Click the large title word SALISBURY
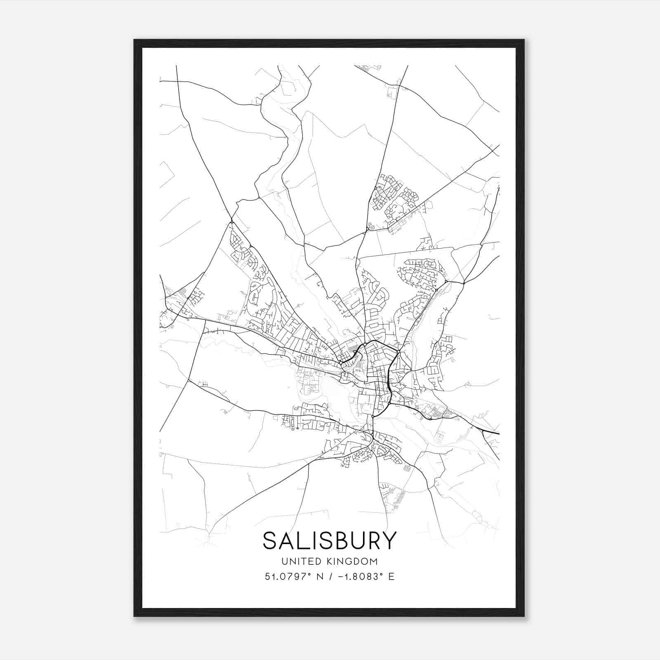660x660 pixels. (x=329, y=540)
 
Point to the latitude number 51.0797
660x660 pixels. (x=285, y=576)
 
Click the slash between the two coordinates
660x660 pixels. (x=329, y=576)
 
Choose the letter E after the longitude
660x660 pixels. (x=391, y=576)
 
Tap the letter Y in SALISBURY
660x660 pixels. (x=389, y=540)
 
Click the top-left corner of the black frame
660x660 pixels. (x=134, y=40)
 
